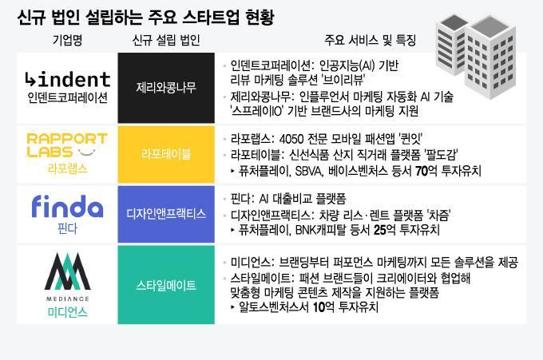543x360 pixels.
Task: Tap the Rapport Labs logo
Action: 66,145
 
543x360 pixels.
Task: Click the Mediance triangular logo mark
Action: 67,267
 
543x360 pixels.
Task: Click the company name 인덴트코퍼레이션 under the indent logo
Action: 67,97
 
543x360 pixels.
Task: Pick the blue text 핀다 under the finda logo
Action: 67,227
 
